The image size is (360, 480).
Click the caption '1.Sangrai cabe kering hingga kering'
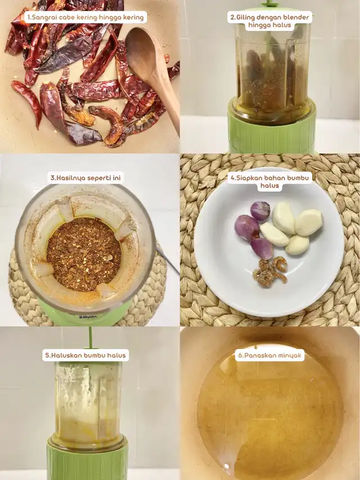[x=85, y=17]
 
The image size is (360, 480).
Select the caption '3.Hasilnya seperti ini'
[x=85, y=178]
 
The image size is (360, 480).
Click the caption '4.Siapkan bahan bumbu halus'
[x=269, y=182]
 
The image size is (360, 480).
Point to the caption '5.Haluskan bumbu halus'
[x=85, y=355]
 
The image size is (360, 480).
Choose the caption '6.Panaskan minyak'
[x=269, y=355]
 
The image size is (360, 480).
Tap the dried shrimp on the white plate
[x=270, y=271]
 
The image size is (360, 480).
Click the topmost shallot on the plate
[x=260, y=210]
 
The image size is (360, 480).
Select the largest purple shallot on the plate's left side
[x=246, y=227]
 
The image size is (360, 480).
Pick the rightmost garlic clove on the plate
[x=309, y=222]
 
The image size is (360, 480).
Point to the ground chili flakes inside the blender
[x=84, y=254]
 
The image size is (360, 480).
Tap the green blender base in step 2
[x=272, y=129]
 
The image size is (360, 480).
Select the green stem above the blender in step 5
[x=90, y=338]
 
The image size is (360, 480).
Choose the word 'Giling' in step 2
[x=246, y=17]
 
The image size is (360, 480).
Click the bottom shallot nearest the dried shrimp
[x=262, y=248]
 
